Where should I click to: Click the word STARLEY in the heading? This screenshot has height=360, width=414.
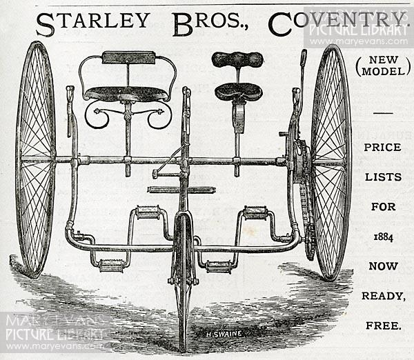click(x=93, y=23)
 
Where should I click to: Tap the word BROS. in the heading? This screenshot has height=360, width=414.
click(x=210, y=23)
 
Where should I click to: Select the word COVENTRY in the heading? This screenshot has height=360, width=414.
click(x=337, y=23)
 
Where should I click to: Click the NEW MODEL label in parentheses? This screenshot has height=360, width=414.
click(x=383, y=66)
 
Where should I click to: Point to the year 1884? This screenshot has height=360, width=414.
click(x=383, y=237)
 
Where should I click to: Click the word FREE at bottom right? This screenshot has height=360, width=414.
click(x=384, y=326)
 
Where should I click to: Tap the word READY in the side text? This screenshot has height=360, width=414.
click(x=384, y=296)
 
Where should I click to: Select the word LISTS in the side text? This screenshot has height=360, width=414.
click(x=383, y=177)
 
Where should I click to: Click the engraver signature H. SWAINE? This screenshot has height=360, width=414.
click(x=224, y=334)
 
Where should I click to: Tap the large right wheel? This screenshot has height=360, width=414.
click(x=331, y=161)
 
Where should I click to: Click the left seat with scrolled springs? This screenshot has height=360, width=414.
click(x=127, y=94)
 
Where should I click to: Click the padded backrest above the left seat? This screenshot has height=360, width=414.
click(x=129, y=58)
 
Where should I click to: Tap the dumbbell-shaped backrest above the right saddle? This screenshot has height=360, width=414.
click(x=237, y=59)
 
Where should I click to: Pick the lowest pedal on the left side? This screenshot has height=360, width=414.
click(x=111, y=266)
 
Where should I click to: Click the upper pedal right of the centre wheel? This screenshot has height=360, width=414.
click(x=255, y=212)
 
